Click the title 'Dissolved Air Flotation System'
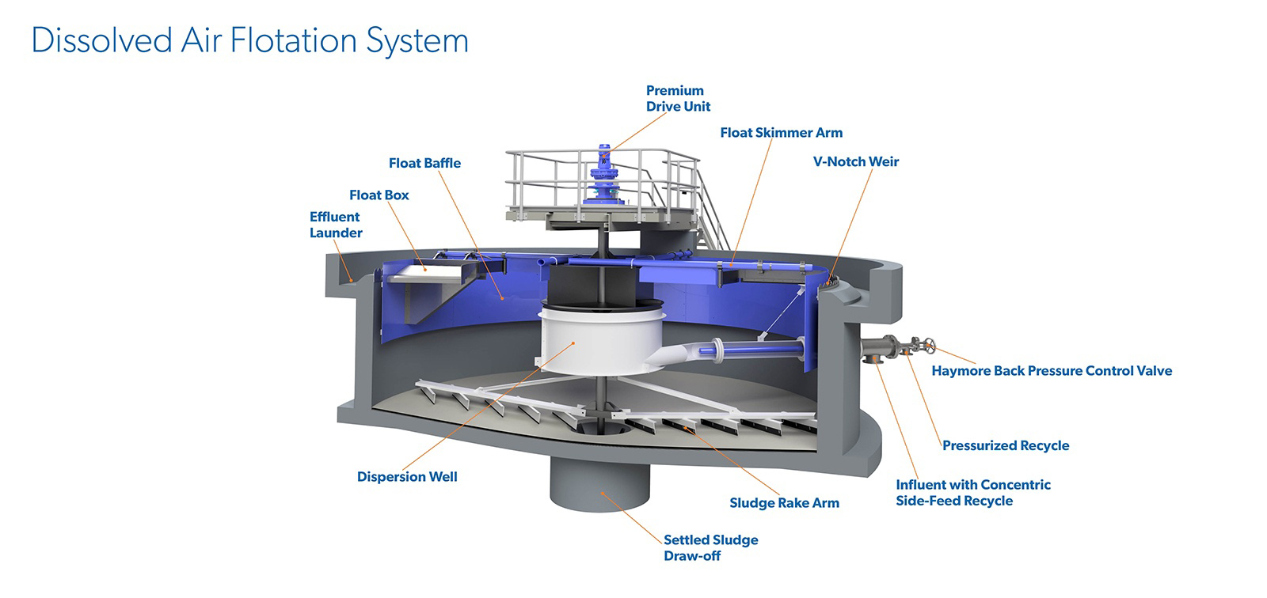coord(250,40)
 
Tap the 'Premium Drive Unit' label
coord(678,98)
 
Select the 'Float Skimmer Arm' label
coord(781,133)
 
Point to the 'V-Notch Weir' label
coord(856,161)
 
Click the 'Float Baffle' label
coord(424,164)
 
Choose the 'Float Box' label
coord(379,195)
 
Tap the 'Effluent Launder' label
coord(336,225)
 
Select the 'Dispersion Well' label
coord(407,477)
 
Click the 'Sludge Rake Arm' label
coord(785,503)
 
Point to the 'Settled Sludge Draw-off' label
coord(711,547)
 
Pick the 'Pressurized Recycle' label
coord(1006,445)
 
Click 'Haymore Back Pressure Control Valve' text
coord(1052,371)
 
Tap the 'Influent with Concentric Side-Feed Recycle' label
coord(973,493)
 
